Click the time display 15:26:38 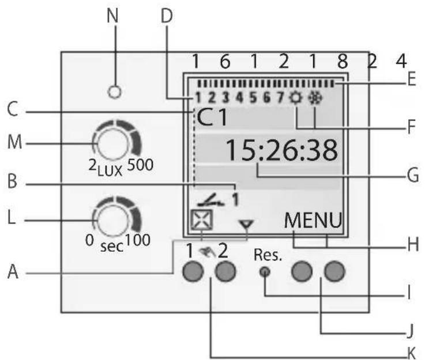point(280,151)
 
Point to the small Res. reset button point(265,272)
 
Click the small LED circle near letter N point(116,91)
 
